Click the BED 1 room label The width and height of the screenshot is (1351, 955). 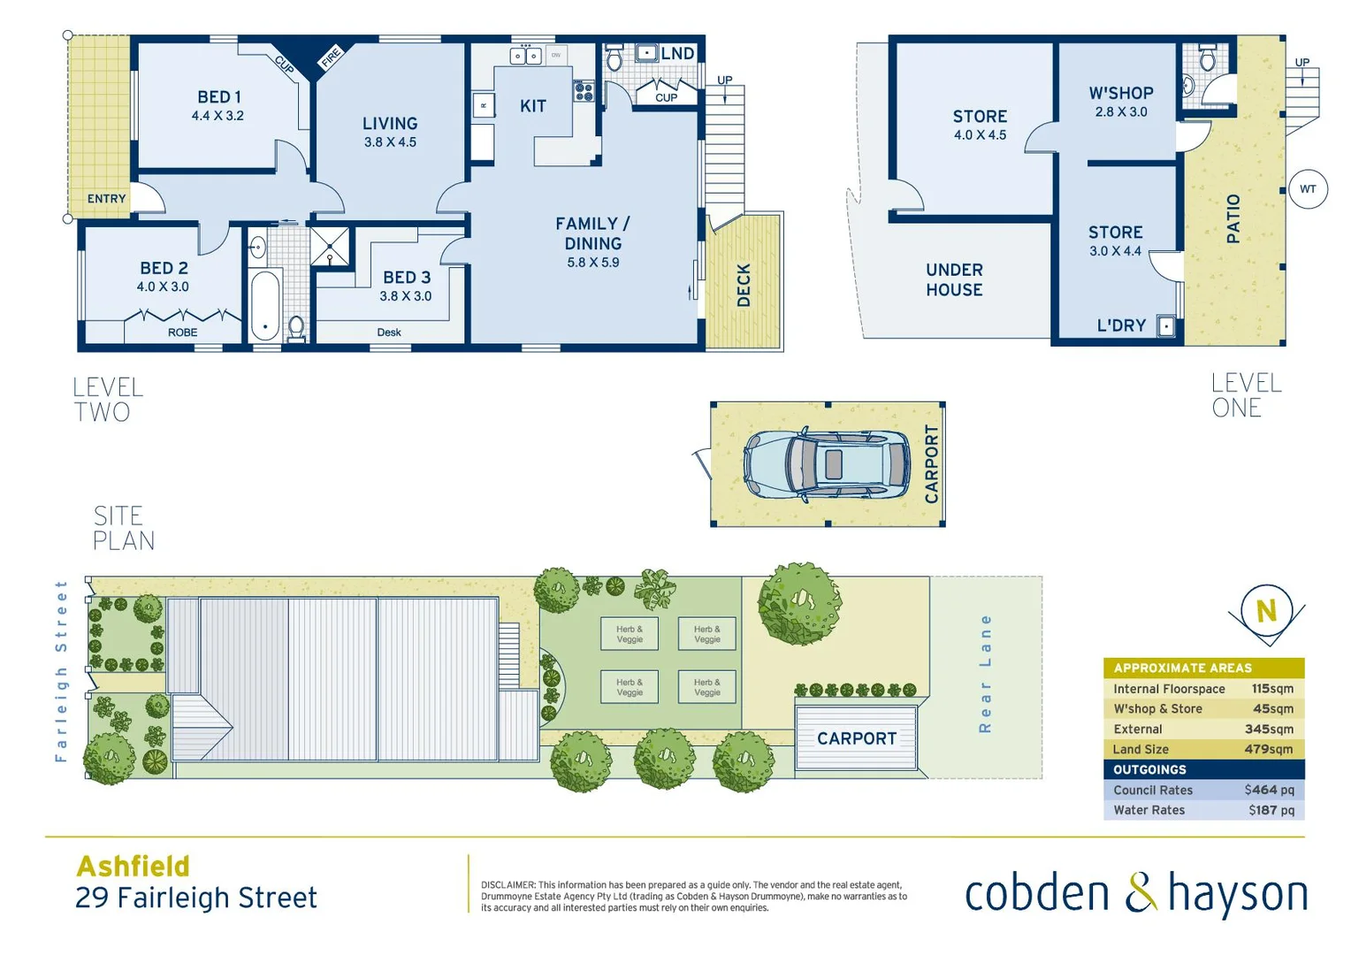pos(218,97)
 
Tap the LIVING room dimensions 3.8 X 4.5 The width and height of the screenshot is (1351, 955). pos(390,142)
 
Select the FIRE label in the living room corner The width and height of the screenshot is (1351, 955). pos(331,58)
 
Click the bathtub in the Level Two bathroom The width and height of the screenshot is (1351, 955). pos(264,306)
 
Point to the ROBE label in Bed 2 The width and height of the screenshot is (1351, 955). pos(183,332)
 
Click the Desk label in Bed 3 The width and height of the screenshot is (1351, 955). pos(389,332)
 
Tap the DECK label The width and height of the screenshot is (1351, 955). pos(744,285)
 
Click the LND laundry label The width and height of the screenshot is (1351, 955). pos(677,54)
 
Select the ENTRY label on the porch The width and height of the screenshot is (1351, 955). pos(106,199)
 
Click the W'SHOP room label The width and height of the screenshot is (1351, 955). pos(1120,94)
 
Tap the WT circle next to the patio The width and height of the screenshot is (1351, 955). pos(1308,189)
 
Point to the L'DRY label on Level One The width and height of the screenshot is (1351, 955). pos(1121,325)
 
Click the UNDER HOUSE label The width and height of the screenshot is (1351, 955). pos(954,279)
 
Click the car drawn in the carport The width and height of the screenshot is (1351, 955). pos(827,464)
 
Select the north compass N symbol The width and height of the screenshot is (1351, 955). pos(1266,610)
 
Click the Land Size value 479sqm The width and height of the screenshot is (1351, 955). pos(1268,749)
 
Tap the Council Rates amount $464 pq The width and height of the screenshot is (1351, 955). pos(1269,790)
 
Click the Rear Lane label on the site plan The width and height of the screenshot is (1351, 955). pos(985,674)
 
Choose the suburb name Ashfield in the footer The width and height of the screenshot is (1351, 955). pos(134,866)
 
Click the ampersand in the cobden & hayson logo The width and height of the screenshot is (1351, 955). pos(1141,893)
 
